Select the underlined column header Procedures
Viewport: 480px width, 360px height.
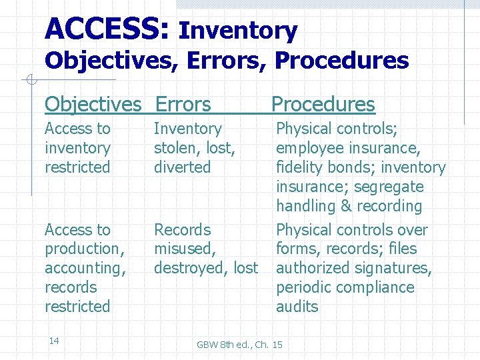[323, 105]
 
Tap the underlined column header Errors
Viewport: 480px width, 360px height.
[183, 105]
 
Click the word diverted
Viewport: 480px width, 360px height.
[182, 167]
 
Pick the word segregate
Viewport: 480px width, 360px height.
[388, 187]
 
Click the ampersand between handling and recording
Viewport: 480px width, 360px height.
[346, 207]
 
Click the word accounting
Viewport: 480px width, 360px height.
[84, 268]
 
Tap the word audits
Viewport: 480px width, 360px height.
[297, 307]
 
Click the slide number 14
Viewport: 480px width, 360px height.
[54, 341]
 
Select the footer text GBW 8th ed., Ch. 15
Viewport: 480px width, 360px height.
[239, 345]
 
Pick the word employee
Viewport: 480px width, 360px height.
[309, 148]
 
